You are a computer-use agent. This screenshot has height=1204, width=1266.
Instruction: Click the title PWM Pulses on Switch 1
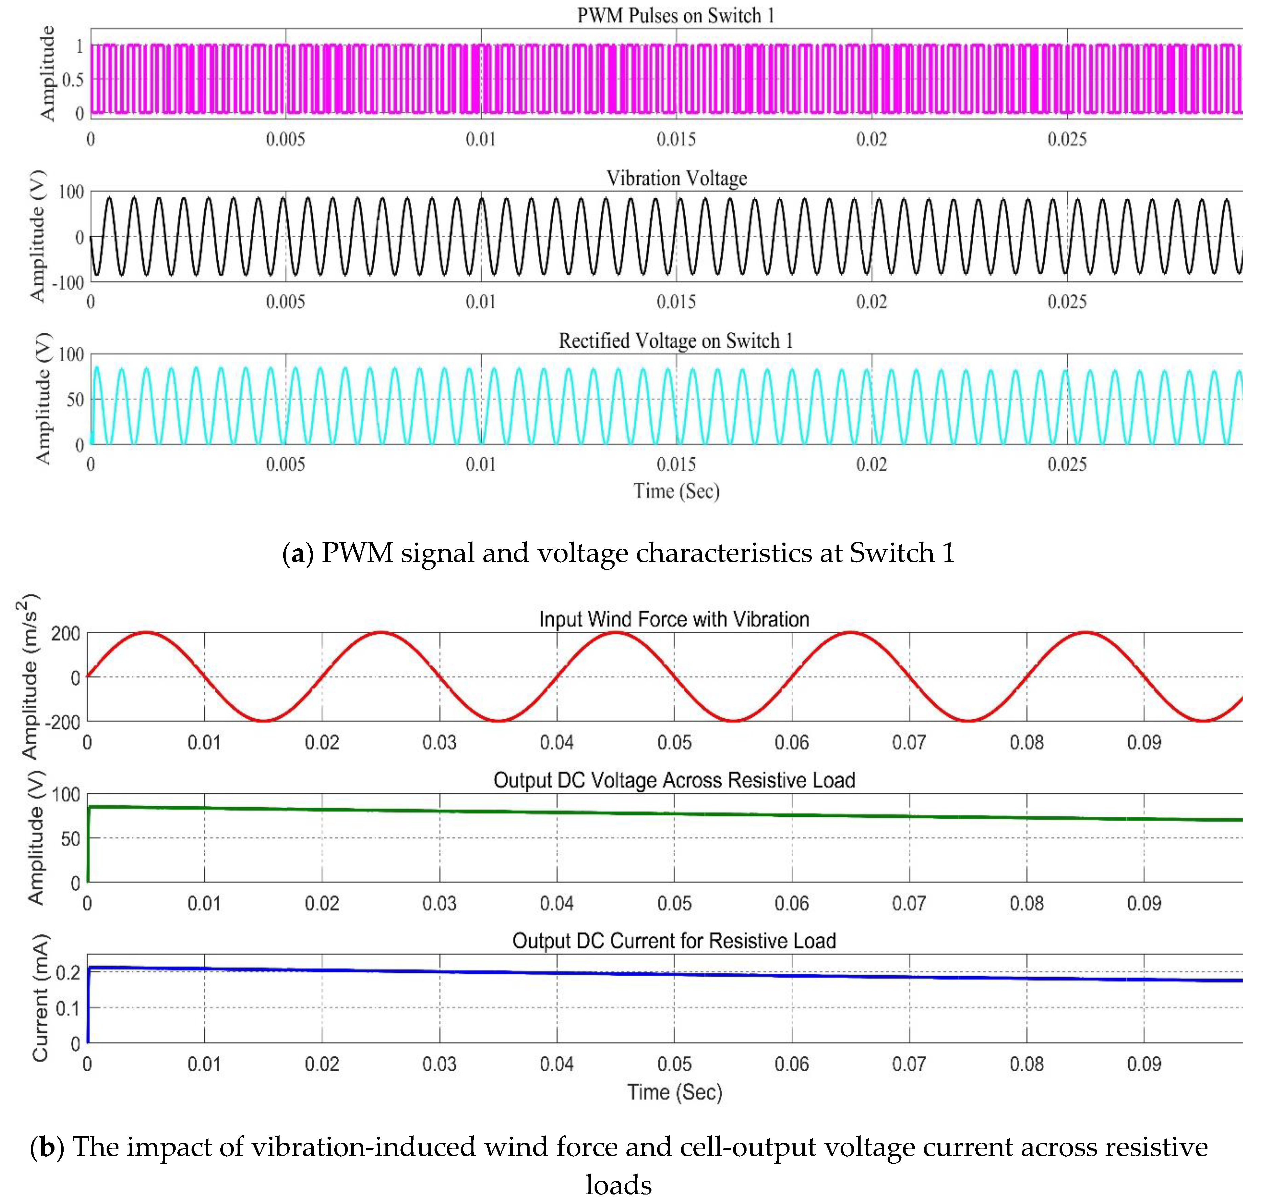coord(676,16)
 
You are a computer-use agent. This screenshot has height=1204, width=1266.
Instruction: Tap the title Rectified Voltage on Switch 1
coord(676,341)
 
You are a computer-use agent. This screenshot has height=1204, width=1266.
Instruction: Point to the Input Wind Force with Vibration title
coord(674,619)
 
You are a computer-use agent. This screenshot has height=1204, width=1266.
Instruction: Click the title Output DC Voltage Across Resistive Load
coord(674,781)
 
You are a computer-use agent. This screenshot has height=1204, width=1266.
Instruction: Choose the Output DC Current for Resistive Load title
coord(674,941)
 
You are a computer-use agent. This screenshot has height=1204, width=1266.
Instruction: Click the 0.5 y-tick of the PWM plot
coord(72,80)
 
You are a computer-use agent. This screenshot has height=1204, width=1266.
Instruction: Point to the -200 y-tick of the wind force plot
coord(65,722)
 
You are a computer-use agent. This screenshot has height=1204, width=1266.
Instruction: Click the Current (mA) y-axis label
coord(40,999)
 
